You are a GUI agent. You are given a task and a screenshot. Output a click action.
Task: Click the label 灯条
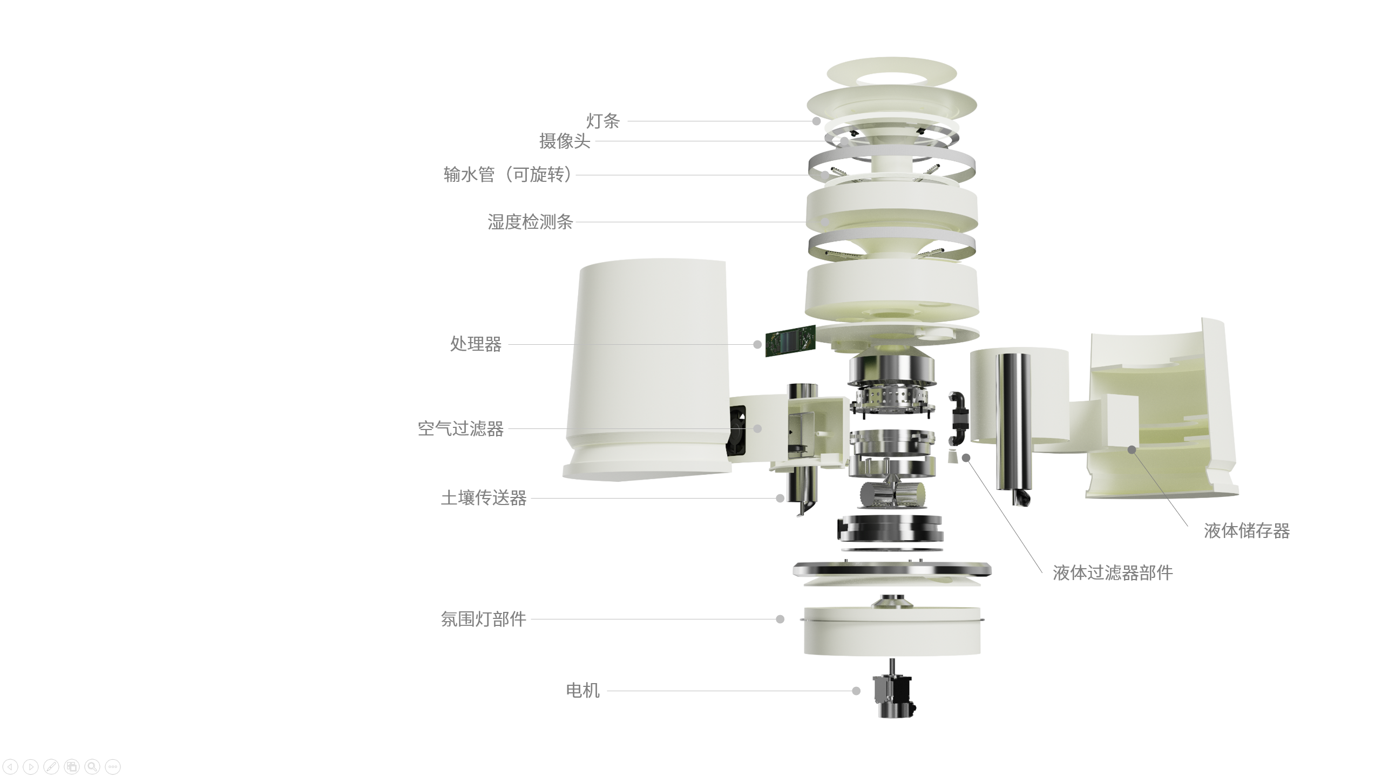point(603,121)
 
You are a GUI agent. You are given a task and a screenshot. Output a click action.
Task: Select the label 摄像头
point(565,141)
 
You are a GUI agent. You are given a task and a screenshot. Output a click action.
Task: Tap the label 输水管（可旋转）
point(507,175)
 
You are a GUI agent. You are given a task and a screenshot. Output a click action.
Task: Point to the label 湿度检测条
point(530,222)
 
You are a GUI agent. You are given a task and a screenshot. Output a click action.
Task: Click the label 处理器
point(476,344)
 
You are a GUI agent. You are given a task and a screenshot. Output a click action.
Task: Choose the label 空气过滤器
point(460,429)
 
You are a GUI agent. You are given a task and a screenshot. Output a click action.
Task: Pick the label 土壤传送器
point(484,498)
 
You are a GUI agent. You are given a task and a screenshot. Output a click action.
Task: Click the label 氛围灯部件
point(484,619)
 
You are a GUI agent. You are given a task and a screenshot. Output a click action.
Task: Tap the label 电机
point(582,691)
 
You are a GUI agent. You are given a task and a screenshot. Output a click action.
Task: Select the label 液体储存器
point(1246,531)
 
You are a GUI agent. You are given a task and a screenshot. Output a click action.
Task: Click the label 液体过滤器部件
point(1113,573)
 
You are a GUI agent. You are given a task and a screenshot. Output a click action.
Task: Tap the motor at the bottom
point(893,696)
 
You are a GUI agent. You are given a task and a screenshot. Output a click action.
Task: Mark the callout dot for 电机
point(856,691)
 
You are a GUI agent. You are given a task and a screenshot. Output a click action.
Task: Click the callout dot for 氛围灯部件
point(780,619)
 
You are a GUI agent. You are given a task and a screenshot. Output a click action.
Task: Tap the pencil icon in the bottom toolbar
point(51,766)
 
